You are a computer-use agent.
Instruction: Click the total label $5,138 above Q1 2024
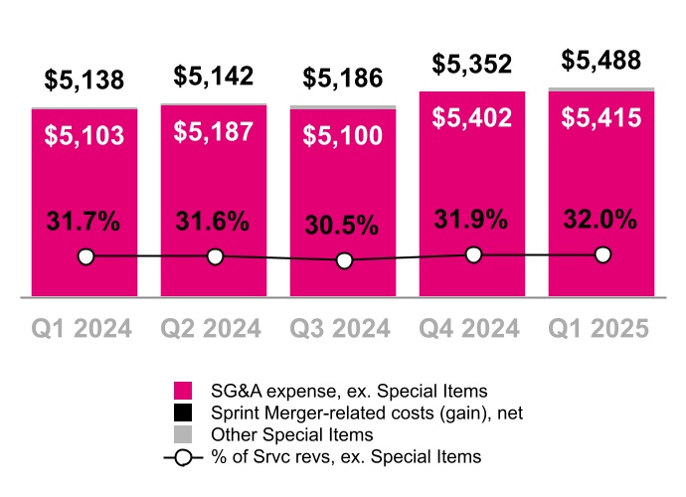pyautogui.click(x=86, y=81)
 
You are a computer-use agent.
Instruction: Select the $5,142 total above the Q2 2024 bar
pyautogui.click(x=214, y=76)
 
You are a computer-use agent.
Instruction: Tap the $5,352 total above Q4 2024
pyautogui.click(x=472, y=65)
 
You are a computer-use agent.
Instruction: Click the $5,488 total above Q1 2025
pyautogui.click(x=601, y=60)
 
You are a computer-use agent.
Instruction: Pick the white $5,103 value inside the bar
pyautogui.click(x=86, y=135)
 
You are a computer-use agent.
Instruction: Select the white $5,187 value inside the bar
pyautogui.click(x=214, y=131)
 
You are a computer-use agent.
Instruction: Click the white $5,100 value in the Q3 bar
pyautogui.click(x=343, y=135)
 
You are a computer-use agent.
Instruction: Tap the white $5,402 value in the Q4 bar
pyautogui.click(x=472, y=118)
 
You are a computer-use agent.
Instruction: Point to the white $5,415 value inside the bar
pyautogui.click(x=601, y=118)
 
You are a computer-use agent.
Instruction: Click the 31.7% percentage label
pyautogui.click(x=86, y=222)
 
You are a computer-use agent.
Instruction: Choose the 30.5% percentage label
pyautogui.click(x=343, y=226)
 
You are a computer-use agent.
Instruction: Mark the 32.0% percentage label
pyautogui.click(x=601, y=220)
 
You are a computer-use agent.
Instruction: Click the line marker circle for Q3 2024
pyautogui.click(x=344, y=260)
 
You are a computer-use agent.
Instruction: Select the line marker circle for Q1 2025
pyautogui.click(x=602, y=254)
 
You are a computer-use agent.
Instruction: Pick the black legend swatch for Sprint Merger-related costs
pyautogui.click(x=183, y=413)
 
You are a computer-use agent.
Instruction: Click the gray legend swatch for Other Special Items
pyautogui.click(x=183, y=435)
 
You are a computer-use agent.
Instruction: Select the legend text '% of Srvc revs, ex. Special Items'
pyautogui.click(x=347, y=457)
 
